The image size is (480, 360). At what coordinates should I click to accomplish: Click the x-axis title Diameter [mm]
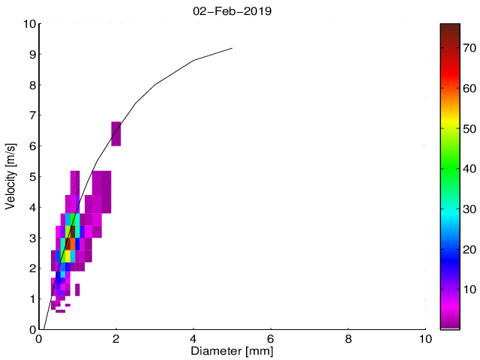click(x=232, y=350)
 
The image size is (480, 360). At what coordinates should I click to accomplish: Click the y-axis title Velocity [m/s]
click(x=10, y=176)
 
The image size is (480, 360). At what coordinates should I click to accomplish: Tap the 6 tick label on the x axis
click(x=271, y=337)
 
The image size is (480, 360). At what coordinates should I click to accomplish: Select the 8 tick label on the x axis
click(x=348, y=337)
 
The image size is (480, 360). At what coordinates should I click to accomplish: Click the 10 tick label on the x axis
click(x=425, y=337)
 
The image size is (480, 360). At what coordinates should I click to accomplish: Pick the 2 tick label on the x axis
click(x=116, y=337)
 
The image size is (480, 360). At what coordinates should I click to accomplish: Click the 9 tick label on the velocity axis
click(x=31, y=55)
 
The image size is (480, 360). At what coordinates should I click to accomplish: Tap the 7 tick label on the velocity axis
click(x=31, y=115)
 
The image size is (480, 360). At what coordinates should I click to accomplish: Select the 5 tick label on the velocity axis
click(x=31, y=177)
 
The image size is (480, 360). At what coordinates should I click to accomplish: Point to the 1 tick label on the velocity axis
click(x=31, y=299)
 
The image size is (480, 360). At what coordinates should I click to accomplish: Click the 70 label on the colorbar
click(x=470, y=47)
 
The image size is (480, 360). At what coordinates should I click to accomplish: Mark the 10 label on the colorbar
click(x=470, y=289)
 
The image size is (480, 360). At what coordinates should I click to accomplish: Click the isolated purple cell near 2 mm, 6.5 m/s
click(x=116, y=133)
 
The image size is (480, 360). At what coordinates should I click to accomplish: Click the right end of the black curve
click(x=232, y=48)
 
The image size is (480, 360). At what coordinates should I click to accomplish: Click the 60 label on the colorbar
click(x=470, y=88)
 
